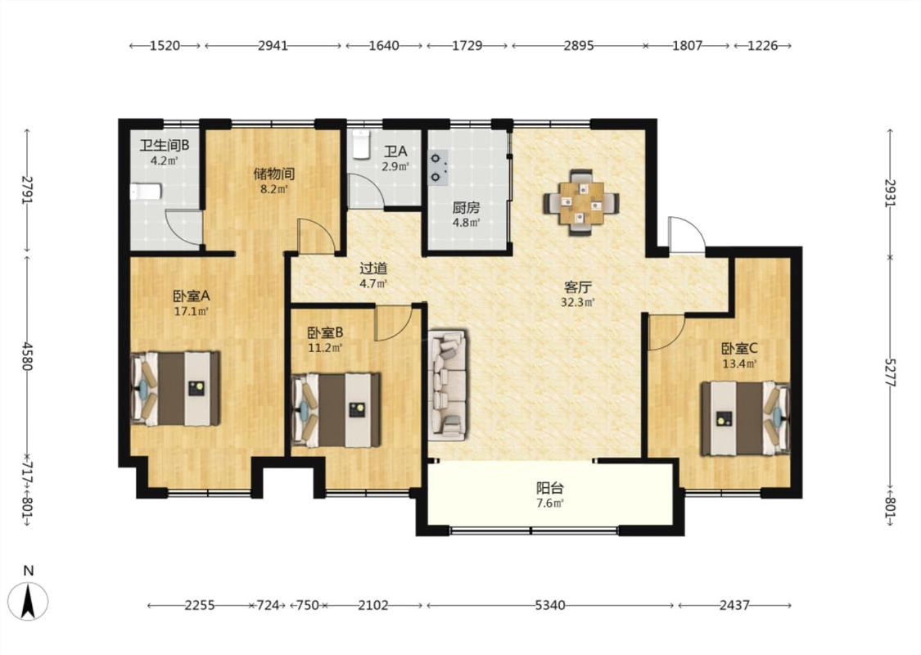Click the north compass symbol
(28, 600)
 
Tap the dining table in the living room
(581, 203)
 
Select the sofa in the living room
(448, 386)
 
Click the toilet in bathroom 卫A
(360, 145)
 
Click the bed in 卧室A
(176, 388)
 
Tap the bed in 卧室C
(745, 418)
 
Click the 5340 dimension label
(550, 605)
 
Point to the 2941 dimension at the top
(273, 45)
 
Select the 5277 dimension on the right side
(890, 372)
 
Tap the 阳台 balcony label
(550, 488)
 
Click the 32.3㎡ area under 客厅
(578, 303)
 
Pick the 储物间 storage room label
(273, 174)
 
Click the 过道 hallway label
(373, 269)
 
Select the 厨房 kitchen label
(466, 207)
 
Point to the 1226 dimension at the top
(762, 45)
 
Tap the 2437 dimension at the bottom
(734, 605)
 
